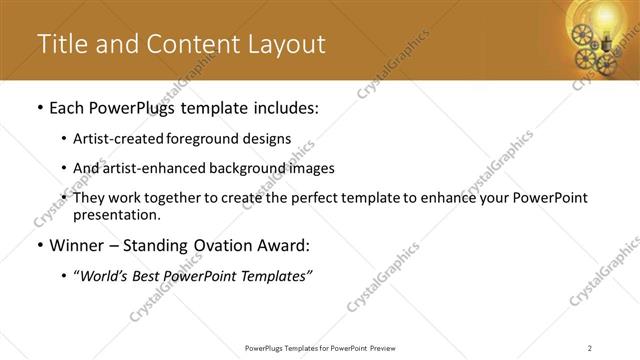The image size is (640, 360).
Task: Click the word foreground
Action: [209, 139]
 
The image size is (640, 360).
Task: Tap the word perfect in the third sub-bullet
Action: [329, 197]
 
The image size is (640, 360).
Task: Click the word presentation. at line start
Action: [116, 214]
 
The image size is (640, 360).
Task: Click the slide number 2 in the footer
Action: [590, 348]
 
